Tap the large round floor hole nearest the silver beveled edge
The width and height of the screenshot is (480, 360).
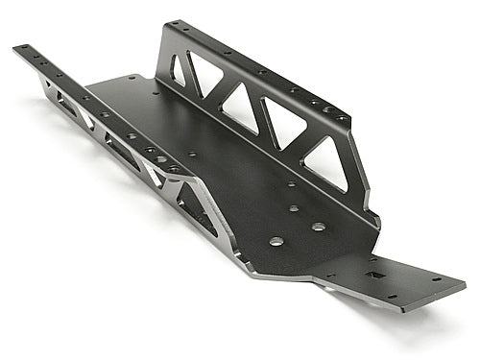[x=276, y=241]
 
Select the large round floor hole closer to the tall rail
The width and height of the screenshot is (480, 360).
[x=319, y=227]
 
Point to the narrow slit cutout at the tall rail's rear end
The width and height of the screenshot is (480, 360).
[x=179, y=72]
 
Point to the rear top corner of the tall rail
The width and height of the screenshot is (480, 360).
[x=170, y=23]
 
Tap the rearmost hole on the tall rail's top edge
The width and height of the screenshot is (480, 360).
[x=179, y=25]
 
